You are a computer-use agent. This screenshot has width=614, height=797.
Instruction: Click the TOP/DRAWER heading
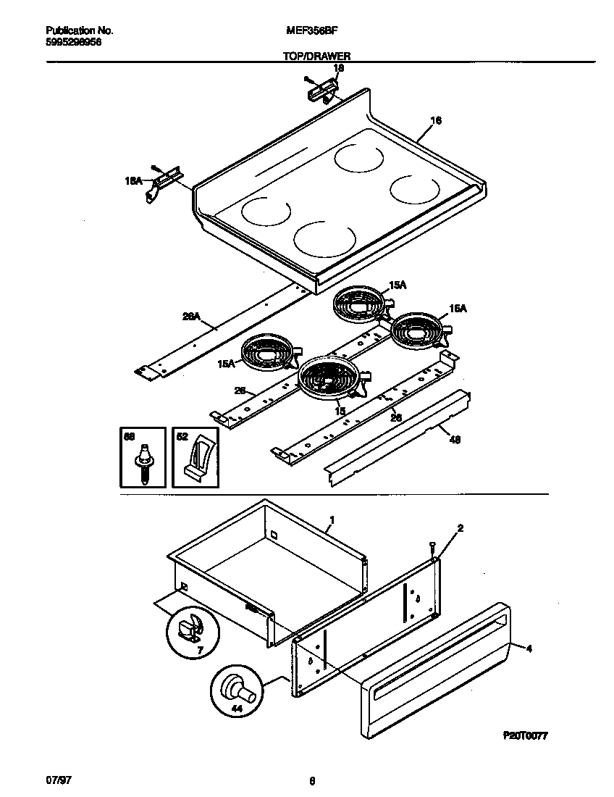[x=316, y=55]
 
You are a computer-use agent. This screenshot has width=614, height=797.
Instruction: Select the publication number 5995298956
[x=73, y=42]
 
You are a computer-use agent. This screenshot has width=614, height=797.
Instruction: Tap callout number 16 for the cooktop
[x=435, y=120]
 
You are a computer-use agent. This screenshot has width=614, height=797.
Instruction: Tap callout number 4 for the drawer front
[x=529, y=649]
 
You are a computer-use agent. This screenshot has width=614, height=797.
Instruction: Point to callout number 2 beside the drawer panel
[x=460, y=528]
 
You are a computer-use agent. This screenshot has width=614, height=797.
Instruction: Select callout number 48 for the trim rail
[x=454, y=439]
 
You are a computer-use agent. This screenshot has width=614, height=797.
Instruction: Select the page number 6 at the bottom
[x=311, y=781]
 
